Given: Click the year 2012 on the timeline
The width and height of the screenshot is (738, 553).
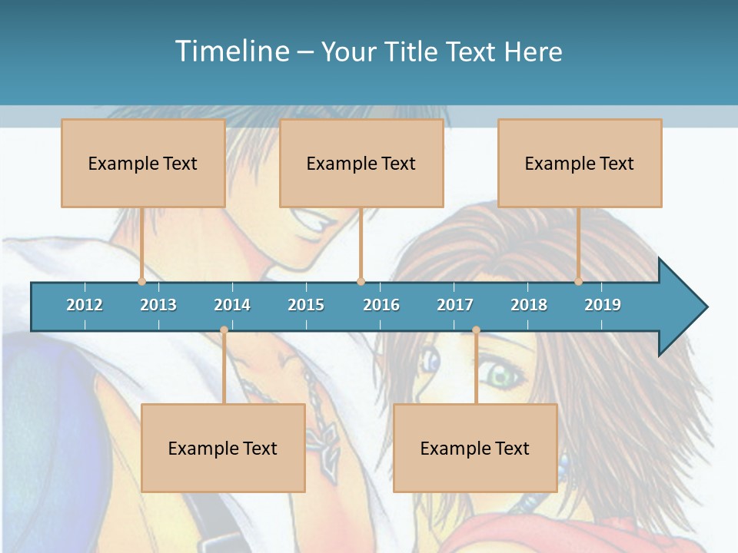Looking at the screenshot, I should tap(85, 305).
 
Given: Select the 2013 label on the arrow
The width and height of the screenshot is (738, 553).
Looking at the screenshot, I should tap(158, 305).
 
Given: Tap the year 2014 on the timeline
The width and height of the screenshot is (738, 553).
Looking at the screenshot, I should tap(232, 305).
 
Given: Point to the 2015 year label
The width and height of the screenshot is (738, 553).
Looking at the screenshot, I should tap(306, 305).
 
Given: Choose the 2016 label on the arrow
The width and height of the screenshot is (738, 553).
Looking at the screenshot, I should tap(381, 305).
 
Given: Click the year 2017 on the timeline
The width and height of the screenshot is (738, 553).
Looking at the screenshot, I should tap(455, 305).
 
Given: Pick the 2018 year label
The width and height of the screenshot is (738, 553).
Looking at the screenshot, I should tap(529, 305).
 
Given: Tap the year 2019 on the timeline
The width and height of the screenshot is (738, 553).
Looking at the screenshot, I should tap(603, 305).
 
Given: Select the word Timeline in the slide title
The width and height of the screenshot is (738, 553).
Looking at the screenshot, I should tap(231, 51).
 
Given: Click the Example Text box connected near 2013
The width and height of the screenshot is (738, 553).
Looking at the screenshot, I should tap(143, 163).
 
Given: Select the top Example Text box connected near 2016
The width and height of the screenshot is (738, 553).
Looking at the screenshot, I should tap(361, 163).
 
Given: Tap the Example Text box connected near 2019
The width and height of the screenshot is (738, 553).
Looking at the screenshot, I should tap(580, 163).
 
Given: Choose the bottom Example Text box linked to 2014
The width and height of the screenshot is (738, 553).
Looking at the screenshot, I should tap(223, 448).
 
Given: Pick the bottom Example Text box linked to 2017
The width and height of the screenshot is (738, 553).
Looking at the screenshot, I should tap(475, 448).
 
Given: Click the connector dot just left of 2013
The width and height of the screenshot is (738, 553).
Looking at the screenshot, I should tap(141, 281).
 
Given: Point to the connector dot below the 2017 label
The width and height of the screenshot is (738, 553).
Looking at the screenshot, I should tap(476, 330).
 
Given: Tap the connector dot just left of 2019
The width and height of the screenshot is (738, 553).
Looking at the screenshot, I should tap(578, 281).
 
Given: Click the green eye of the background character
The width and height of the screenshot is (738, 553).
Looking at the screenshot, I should tap(501, 376).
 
